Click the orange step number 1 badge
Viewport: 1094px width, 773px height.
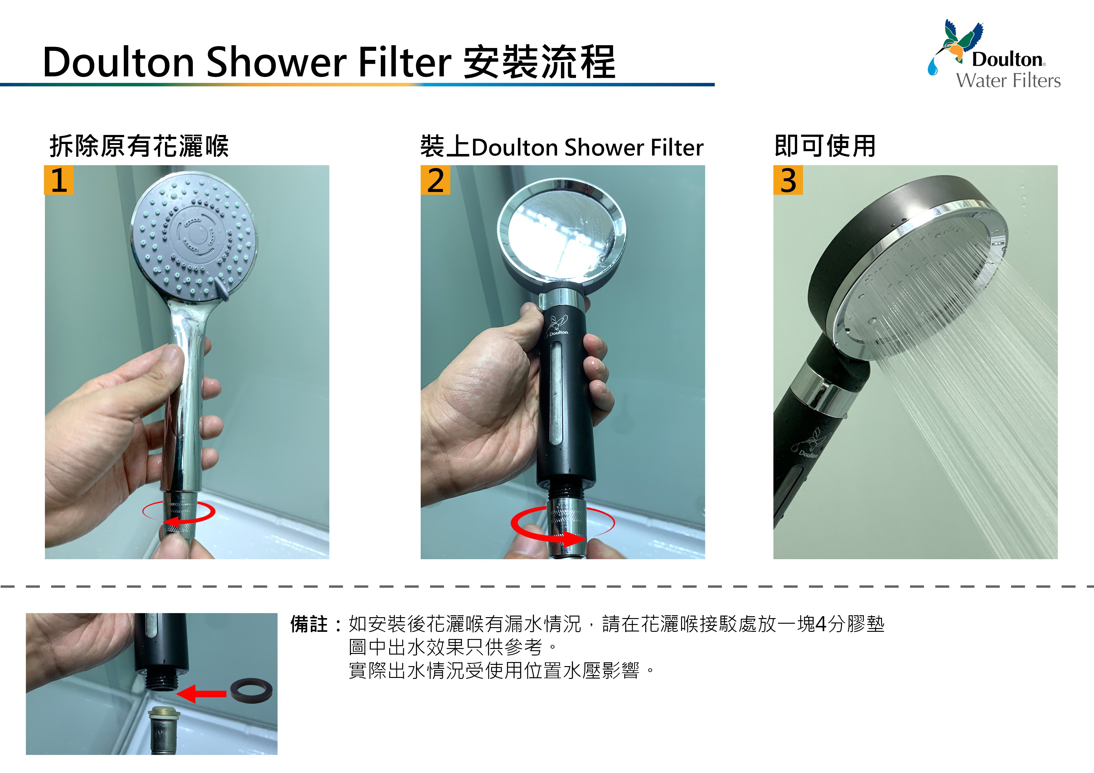(59, 180)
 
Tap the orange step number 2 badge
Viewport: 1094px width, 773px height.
(435, 180)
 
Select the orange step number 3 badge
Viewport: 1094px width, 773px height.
(788, 180)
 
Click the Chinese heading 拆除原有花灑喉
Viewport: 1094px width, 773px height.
(139, 146)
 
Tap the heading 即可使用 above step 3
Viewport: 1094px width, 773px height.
(825, 146)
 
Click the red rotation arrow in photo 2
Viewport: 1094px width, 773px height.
(562, 526)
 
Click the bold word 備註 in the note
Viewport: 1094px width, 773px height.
(309, 624)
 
